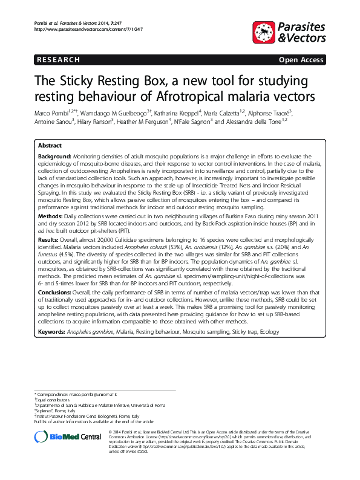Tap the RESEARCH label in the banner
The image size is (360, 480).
coord(58,60)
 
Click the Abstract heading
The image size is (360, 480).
coord(49,146)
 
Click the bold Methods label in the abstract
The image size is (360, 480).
coord(51,215)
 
